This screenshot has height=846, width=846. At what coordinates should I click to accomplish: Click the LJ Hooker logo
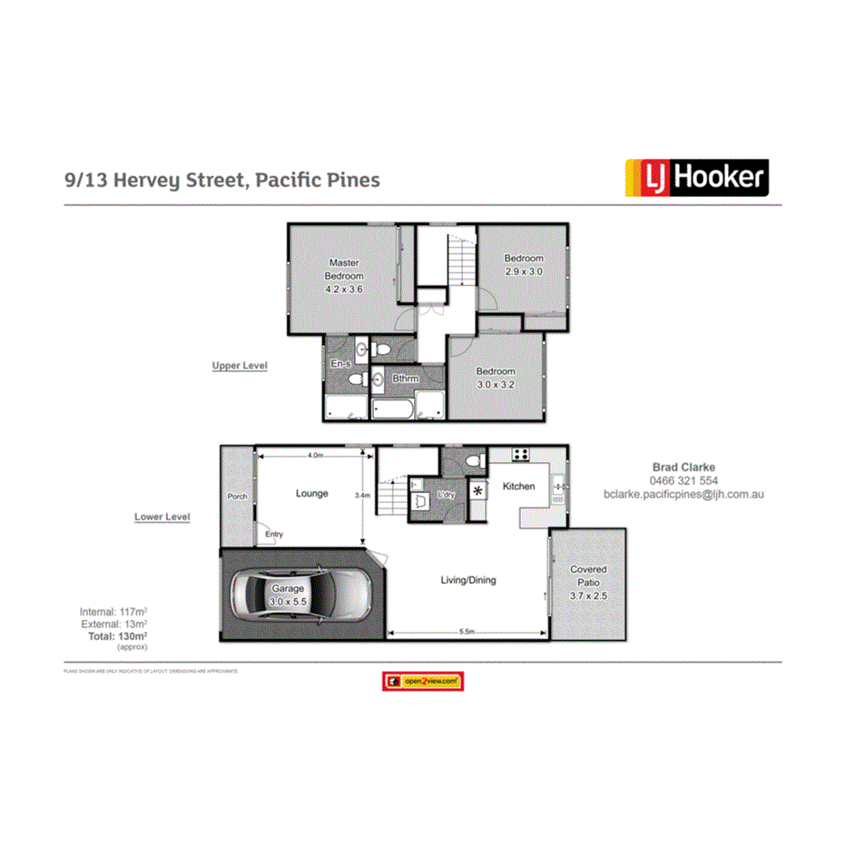[x=696, y=178]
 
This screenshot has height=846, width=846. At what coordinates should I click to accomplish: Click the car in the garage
[x=299, y=595]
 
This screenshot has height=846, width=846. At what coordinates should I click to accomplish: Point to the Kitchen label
[x=519, y=487]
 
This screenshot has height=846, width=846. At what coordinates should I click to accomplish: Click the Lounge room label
[x=311, y=494]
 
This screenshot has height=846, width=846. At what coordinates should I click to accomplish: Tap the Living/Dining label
[x=468, y=580]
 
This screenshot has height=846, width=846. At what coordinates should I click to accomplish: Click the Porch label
[x=237, y=497]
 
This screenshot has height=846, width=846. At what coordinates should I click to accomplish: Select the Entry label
[x=274, y=535]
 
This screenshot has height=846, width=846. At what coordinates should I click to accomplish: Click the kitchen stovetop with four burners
[x=521, y=456]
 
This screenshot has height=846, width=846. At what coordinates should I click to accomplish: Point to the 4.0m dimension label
[x=315, y=455]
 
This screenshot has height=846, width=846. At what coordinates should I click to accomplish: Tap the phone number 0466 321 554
[x=684, y=481]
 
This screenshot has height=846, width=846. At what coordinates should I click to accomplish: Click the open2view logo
[x=423, y=681]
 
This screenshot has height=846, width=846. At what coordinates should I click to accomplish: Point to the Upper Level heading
[x=239, y=366]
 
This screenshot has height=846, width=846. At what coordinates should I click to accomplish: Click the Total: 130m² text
[x=117, y=636]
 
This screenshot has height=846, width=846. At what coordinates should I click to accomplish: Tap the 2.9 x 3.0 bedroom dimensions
[x=524, y=271]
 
